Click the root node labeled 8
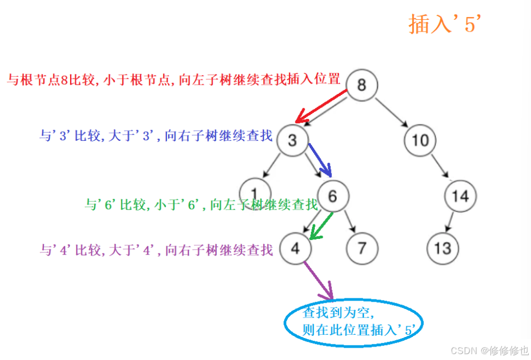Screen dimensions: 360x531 pyautogui.click(x=362, y=85)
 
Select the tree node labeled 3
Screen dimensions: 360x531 pyautogui.click(x=292, y=140)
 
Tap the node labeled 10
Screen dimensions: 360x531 pyautogui.click(x=420, y=140)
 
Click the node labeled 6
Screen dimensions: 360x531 pyautogui.click(x=332, y=196)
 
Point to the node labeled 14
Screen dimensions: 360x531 pyautogui.click(x=460, y=196)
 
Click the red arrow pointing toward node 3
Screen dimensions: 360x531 pyautogui.click(x=321, y=106)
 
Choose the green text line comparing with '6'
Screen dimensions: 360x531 pyautogui.click(x=201, y=204)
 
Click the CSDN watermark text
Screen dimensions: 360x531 pyautogui.click(x=489, y=350)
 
